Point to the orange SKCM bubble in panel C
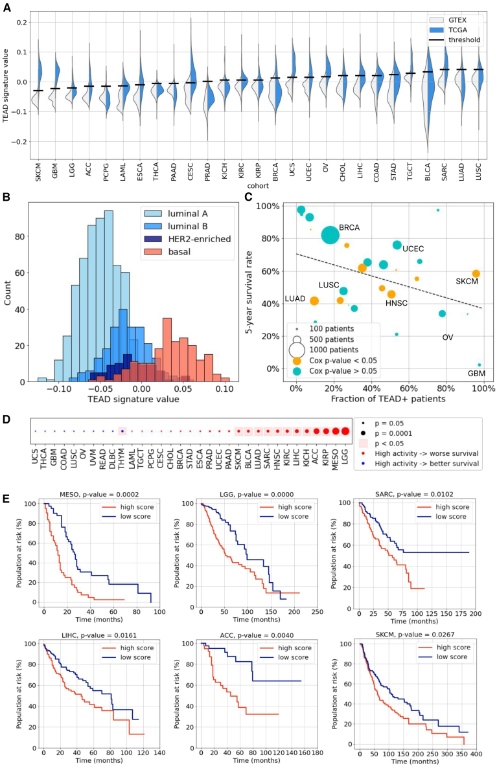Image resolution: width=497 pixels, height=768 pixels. point(476,274)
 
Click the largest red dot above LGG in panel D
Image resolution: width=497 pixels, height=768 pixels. point(345,431)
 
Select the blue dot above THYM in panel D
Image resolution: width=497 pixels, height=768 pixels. point(122,431)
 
